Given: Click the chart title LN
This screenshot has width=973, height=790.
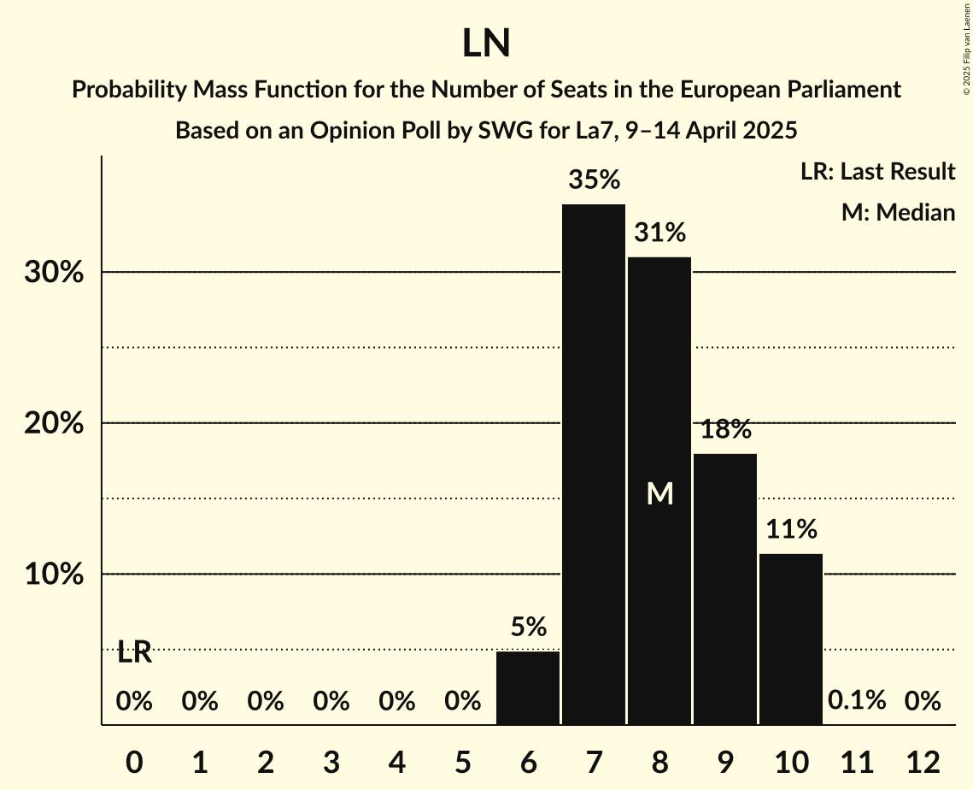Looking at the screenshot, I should pos(486,44).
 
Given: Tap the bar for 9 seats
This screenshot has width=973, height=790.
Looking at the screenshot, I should pos(725,589).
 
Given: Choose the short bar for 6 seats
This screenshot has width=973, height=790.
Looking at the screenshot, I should pos(528,687).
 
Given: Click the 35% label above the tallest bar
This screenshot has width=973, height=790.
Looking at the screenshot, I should pos(594,180).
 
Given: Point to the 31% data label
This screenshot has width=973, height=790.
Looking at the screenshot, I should pos(659,232).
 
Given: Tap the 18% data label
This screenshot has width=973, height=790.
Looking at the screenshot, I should pos(725,429).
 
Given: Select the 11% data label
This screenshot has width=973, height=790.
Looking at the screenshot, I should pos(791,530).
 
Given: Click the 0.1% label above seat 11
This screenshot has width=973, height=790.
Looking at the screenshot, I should pos(857,701).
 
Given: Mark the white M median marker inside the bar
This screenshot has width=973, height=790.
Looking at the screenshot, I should pos(659,494).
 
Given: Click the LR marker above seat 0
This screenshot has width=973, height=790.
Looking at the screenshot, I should pos(134,653).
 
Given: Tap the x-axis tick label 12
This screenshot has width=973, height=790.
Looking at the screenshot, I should pos(923,761).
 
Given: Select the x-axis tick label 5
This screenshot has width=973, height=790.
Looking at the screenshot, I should pos(462,761).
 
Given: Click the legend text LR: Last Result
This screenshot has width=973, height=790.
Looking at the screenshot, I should pos(877,172).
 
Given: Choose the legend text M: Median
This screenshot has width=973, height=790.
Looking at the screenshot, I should pos(898,212).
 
